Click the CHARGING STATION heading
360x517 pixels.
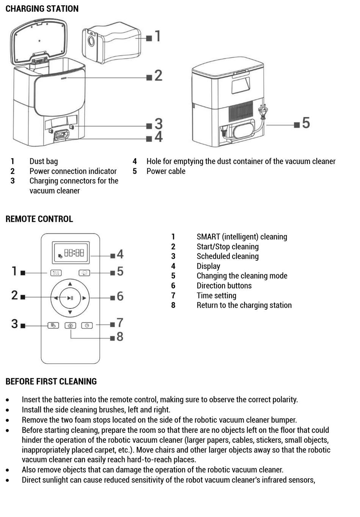(x=42, y=9)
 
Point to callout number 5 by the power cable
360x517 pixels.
(x=306, y=123)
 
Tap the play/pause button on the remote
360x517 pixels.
(x=70, y=298)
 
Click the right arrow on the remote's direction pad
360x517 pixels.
(x=84, y=298)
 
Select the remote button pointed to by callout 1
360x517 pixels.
(x=56, y=273)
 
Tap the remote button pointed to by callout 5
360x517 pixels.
(x=84, y=273)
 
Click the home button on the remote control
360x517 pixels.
(x=70, y=326)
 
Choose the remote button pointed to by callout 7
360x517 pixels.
(x=87, y=326)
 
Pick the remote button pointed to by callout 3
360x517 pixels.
(x=53, y=326)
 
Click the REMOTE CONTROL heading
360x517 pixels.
(x=39, y=219)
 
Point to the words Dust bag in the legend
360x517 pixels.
(x=44, y=161)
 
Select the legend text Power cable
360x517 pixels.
(x=166, y=171)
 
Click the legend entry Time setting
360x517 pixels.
(x=216, y=296)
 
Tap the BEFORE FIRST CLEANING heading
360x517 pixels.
(x=51, y=382)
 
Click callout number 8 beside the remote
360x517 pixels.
(x=120, y=337)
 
